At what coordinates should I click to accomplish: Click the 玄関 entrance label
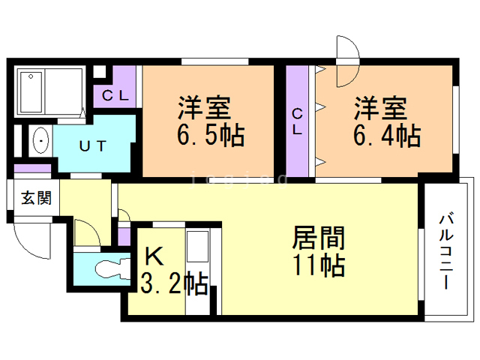click(x=36, y=198)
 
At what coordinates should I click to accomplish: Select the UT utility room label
click(x=93, y=144)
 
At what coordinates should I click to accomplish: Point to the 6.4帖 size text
click(x=388, y=136)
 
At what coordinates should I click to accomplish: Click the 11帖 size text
click(x=318, y=265)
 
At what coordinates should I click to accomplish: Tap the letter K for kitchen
click(x=153, y=256)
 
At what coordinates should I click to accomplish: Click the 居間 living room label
click(x=318, y=238)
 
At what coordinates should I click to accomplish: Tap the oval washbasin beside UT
click(x=40, y=141)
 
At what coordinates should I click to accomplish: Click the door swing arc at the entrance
click(x=31, y=239)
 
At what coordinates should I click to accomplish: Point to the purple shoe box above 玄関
click(x=30, y=168)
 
